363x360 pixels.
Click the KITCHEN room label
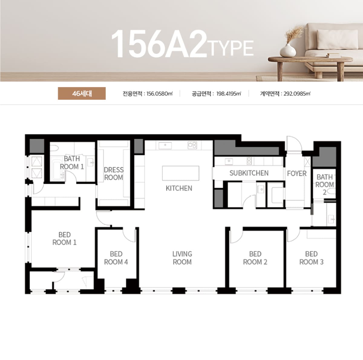pyautogui.click(x=179, y=188)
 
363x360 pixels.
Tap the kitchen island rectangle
pyautogui.click(x=181, y=173)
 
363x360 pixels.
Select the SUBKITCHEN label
pyautogui.click(x=249, y=173)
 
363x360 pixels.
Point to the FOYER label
pyautogui.click(x=297, y=174)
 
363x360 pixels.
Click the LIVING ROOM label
pyautogui.click(x=182, y=258)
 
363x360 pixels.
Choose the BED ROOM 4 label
pyautogui.click(x=116, y=258)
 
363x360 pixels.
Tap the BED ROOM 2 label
pyautogui.click(x=255, y=258)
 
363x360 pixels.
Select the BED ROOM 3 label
pyautogui.click(x=311, y=258)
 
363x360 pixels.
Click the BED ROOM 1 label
pyautogui.click(x=64, y=238)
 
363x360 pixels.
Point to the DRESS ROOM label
pyautogui.click(x=114, y=174)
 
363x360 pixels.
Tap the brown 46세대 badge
pyautogui.click(x=82, y=93)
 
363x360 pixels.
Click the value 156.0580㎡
pyautogui.click(x=159, y=94)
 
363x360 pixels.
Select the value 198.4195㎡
pyautogui.click(x=229, y=94)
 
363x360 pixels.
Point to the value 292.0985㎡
pyautogui.click(x=297, y=94)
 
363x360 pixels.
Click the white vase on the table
pyautogui.click(x=288, y=50)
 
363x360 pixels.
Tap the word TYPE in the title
pyautogui.click(x=231, y=49)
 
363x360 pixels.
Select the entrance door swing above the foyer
pyautogui.click(x=294, y=143)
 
